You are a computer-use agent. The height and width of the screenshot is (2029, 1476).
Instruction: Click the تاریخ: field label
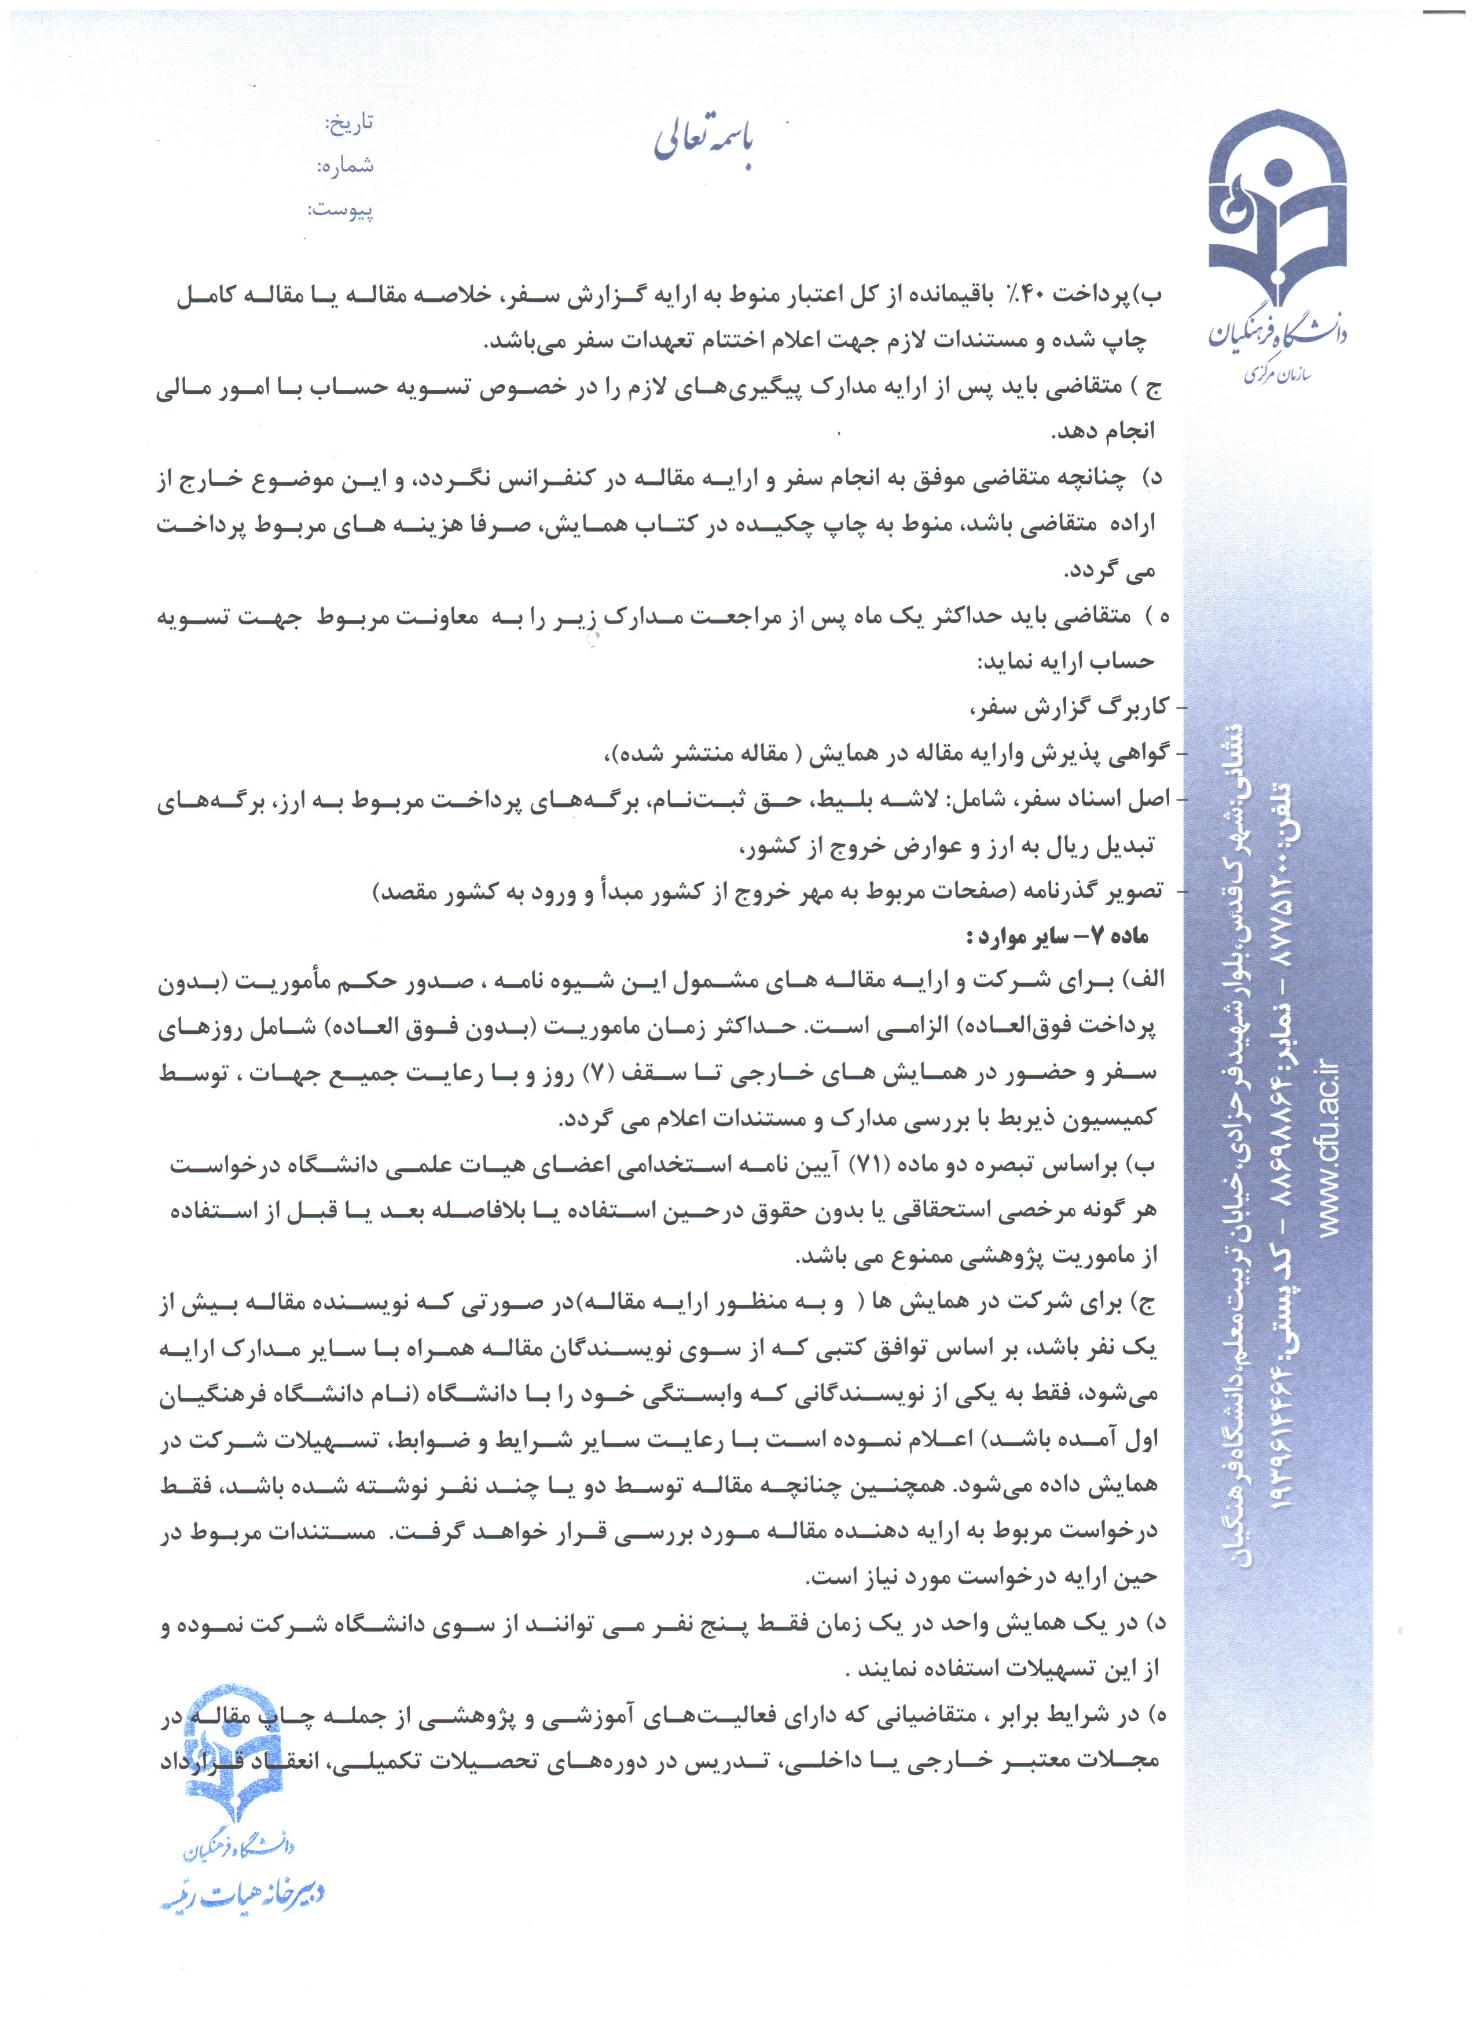coord(349,123)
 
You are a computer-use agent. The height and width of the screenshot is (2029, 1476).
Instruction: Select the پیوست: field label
coord(341,210)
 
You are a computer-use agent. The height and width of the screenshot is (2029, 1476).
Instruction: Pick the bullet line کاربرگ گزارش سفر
coord(1070,707)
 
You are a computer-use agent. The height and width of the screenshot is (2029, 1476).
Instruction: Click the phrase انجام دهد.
coord(1104,432)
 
